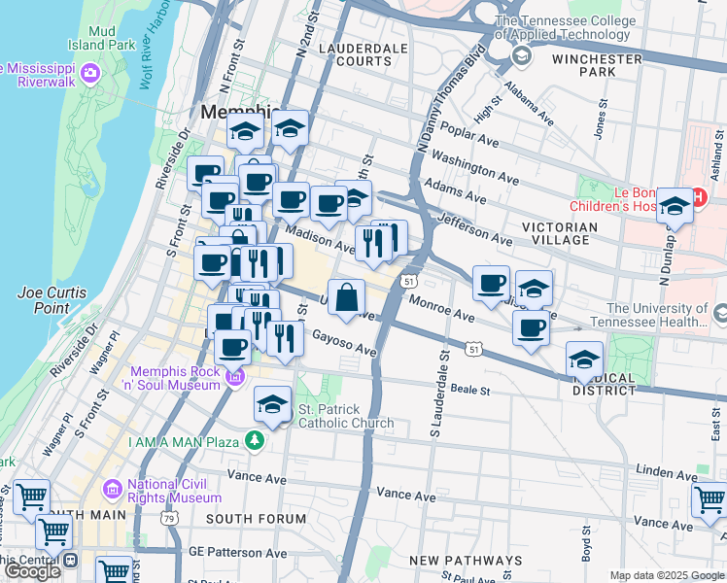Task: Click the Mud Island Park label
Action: (101, 37)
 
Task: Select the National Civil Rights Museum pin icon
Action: (112, 488)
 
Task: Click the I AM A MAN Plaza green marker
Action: (255, 442)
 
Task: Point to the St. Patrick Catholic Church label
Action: (345, 416)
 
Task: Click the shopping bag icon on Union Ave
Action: (347, 298)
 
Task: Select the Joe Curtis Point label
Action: (52, 299)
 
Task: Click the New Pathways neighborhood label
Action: (466, 561)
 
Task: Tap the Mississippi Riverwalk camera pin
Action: (90, 72)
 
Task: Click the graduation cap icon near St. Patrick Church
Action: (273, 404)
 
